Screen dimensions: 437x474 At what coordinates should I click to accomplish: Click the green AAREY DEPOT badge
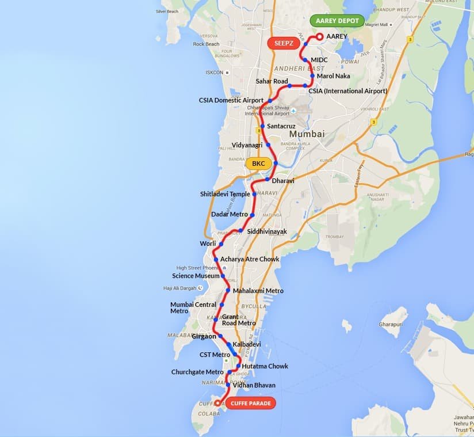337,21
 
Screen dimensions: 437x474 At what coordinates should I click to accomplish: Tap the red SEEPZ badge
283,43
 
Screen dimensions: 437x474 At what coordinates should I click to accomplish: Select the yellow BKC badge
258,164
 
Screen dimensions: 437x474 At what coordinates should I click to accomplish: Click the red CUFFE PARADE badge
250,403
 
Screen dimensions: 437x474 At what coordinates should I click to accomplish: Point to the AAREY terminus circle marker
320,37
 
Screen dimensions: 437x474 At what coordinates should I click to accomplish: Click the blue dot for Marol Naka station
312,75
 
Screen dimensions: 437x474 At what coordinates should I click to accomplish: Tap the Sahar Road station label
272,81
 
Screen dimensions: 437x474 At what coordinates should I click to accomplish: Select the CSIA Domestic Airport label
231,100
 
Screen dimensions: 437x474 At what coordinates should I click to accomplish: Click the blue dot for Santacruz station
262,126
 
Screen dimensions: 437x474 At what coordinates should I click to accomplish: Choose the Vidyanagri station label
247,145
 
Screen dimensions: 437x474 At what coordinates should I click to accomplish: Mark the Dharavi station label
283,181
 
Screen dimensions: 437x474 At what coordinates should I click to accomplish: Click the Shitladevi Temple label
225,194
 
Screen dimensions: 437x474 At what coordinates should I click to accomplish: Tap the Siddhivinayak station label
266,231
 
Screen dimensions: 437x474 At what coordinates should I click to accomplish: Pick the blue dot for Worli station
221,244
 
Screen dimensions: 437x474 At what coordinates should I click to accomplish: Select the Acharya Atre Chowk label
250,259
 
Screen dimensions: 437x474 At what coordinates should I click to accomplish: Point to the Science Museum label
196,276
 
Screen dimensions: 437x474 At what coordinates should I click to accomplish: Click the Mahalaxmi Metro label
258,291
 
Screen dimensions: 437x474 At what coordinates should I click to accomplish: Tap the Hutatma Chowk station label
265,366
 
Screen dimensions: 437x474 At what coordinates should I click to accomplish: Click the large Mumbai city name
307,134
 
